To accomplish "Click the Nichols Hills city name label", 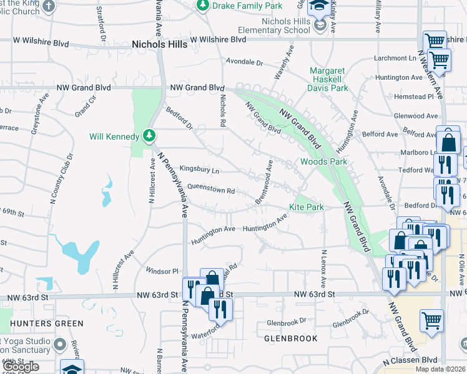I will point(159,44).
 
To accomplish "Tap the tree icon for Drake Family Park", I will point(202,6).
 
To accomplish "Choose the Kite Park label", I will point(306,206).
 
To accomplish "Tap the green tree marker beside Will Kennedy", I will point(149,135).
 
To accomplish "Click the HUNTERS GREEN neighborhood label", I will point(47,324).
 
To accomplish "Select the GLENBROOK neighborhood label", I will point(291,338).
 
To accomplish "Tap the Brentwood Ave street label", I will point(264,182).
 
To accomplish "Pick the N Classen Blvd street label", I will point(410,360).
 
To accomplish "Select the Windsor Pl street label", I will point(162,271).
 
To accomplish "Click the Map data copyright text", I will point(441,369).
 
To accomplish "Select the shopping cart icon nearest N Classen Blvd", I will point(431,322).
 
